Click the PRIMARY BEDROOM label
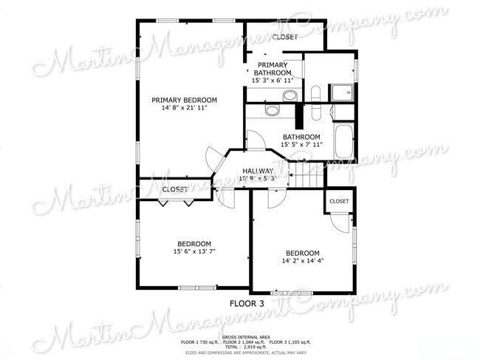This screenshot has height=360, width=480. pos(184,100)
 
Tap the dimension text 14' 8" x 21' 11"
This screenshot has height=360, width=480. pos(184,108)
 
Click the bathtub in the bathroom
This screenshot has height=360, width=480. pos(344,140)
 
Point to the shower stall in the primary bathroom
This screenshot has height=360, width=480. pos(341,92)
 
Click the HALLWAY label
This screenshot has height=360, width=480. pos(258,170)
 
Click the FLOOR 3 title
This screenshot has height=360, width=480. pos(247,304)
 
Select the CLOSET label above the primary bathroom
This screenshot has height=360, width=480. pos(284,37)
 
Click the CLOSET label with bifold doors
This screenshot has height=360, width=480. pos(175,190)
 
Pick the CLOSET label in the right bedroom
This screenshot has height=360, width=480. pos(339,201)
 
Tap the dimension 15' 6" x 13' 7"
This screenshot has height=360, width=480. pos(194,252)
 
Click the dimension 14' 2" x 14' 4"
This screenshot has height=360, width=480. pos(303,260)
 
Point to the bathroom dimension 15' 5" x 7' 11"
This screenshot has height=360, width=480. pos(301,145)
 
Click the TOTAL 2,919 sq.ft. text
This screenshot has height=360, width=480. pos(245,347)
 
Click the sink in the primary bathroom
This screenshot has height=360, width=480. pos(289,95)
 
